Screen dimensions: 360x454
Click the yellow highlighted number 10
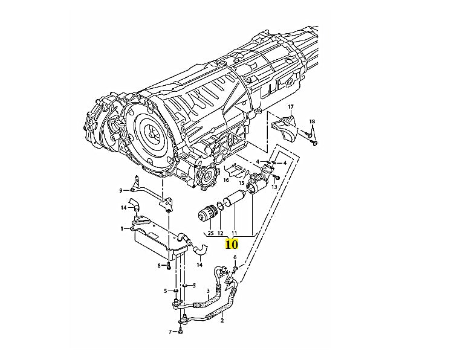[x=231, y=244]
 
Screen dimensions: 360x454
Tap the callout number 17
[x=290, y=107]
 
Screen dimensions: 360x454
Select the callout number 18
[x=312, y=122]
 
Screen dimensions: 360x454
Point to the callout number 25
[x=210, y=233]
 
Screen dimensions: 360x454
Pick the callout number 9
[x=121, y=191]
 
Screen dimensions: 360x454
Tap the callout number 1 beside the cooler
[x=122, y=228]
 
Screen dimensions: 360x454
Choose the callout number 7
[x=170, y=332]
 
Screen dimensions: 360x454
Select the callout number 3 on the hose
[x=208, y=291]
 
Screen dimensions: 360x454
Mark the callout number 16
[x=226, y=180]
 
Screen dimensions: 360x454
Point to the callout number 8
[x=160, y=265]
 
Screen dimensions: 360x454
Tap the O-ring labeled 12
[x=221, y=206]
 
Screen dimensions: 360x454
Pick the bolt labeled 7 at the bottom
[x=181, y=330]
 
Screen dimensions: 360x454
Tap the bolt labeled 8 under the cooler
[x=169, y=265]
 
